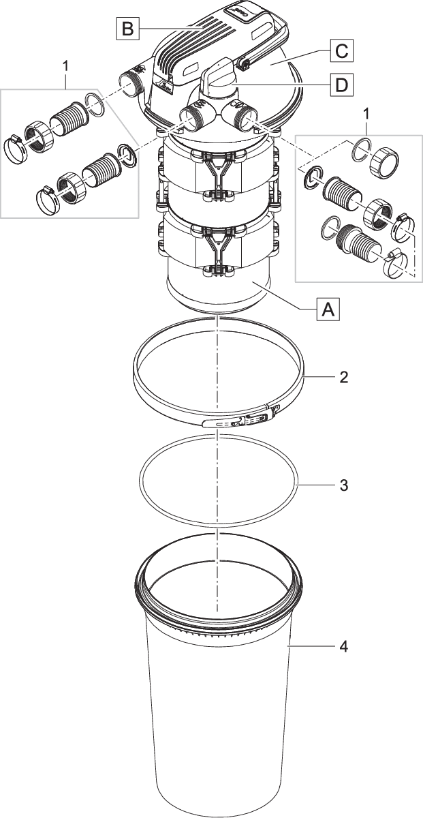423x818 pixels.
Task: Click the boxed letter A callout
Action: coord(328,310)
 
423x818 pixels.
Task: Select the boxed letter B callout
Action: coord(127,29)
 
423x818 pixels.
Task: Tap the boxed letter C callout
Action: coord(341,50)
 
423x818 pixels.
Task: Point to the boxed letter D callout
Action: coord(340,85)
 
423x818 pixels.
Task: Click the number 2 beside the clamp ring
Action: coord(343,377)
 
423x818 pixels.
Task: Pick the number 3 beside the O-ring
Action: coord(343,485)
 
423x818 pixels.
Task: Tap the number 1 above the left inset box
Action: coord(65,66)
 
